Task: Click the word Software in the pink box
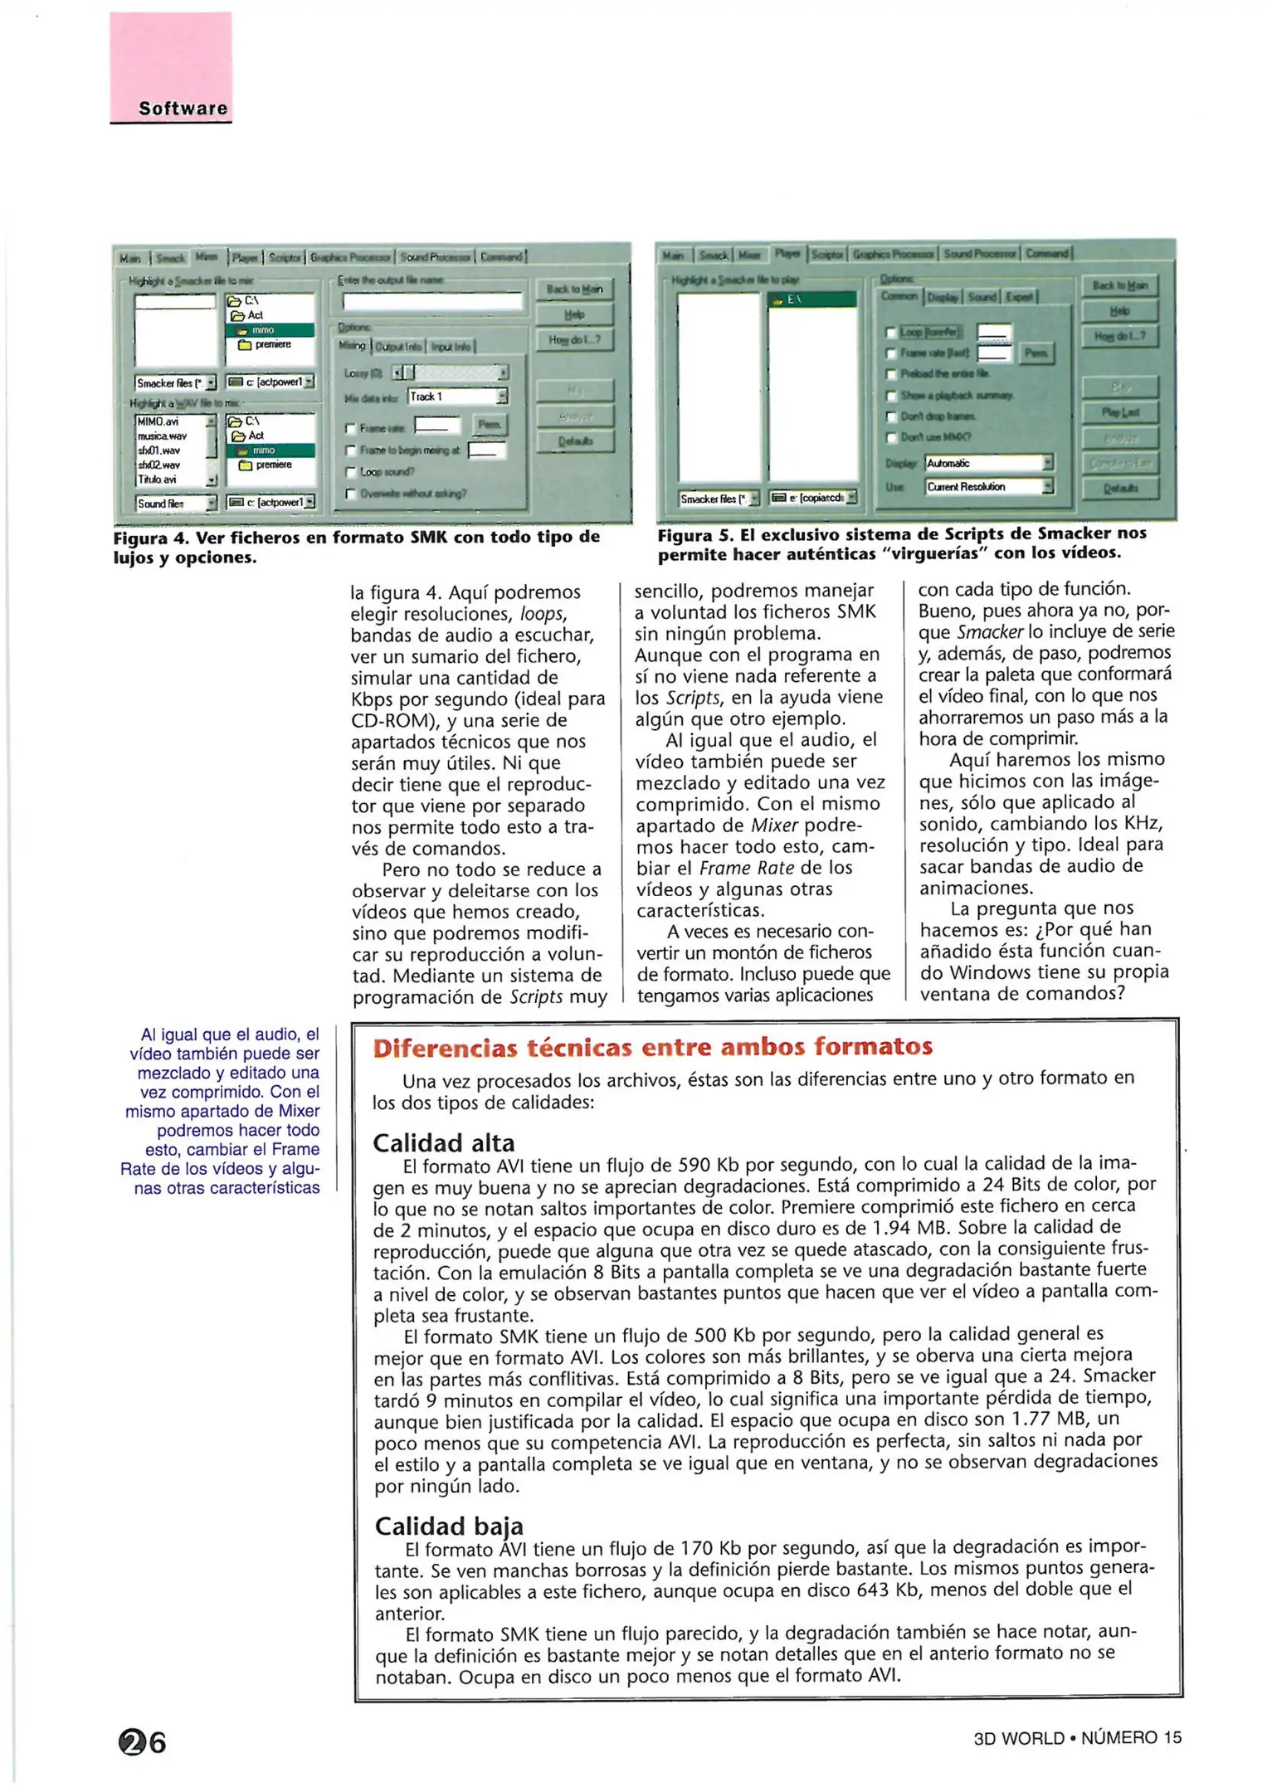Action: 183,109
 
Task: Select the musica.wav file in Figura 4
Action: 163,436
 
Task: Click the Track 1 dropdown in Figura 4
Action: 456,397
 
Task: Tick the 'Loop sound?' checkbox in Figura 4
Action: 351,472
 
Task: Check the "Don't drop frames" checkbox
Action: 891,416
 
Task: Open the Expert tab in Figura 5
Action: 1020,296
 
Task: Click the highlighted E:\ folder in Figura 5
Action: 811,299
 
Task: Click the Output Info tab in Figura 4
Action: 399,346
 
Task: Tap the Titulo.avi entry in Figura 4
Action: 157,480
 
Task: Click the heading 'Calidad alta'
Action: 443,1143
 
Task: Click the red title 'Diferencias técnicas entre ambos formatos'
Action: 652,1047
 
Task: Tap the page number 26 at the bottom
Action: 143,1742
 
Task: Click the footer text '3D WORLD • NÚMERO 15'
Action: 1077,1738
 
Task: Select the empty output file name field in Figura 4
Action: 431,301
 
